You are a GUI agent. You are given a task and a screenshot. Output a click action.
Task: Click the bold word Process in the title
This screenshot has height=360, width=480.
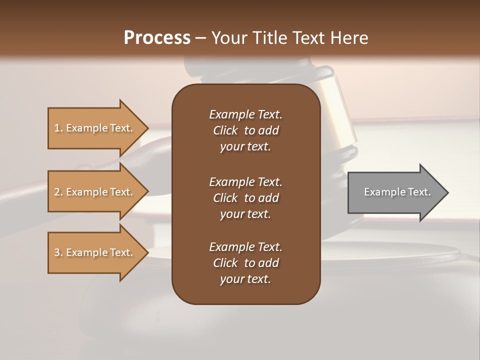[x=157, y=38]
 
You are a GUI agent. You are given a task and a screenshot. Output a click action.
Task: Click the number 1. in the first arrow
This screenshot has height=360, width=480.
[x=58, y=128]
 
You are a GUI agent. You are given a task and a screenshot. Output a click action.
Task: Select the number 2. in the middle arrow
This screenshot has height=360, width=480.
[x=58, y=192]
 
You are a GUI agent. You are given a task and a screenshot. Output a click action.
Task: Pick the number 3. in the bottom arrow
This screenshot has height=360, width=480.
[x=58, y=252]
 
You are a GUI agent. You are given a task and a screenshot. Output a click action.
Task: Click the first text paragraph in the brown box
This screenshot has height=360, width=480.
[x=245, y=130]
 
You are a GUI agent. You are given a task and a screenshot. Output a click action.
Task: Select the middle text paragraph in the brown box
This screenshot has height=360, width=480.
[x=245, y=198]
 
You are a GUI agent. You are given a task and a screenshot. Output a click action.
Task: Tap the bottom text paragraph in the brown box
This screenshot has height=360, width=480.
[x=245, y=263]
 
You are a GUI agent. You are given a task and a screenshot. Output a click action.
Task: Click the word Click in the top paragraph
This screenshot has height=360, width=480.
[x=225, y=130]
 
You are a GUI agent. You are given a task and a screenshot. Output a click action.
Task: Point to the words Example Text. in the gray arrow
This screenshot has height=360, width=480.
[x=397, y=192]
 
